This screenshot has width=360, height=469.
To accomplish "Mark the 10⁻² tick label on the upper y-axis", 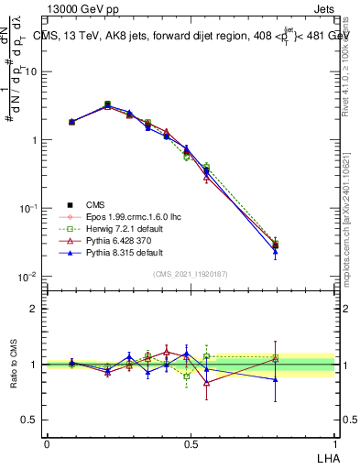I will (x=27, y=277).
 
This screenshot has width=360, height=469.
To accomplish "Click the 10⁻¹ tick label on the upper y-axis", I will (x=27, y=209).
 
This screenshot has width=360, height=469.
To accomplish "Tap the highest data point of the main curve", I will (x=107, y=104).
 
